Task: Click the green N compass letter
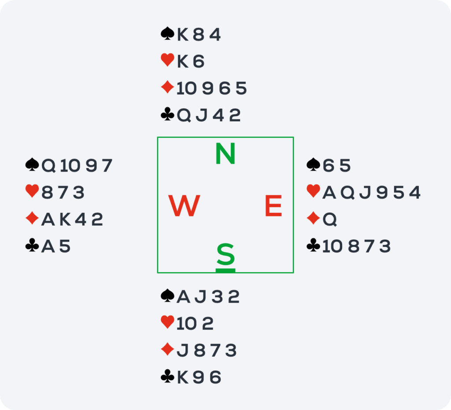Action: point(225,154)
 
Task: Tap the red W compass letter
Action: point(184,206)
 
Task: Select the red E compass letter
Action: point(273,206)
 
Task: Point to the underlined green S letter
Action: point(225,254)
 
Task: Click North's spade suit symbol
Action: point(167,33)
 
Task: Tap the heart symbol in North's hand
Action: point(167,60)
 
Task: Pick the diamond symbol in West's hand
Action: point(32,218)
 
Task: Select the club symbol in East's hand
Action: point(313,245)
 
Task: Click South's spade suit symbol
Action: point(167,295)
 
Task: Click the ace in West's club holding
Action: point(48,246)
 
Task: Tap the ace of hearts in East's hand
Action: point(329,193)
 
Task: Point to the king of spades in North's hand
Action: point(183,35)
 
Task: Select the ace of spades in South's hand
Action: point(184,297)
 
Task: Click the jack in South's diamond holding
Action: point(182,351)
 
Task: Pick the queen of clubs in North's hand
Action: point(184,116)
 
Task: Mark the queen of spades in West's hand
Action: point(48,166)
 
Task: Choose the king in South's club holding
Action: point(183,377)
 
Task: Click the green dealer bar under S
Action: point(225,271)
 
